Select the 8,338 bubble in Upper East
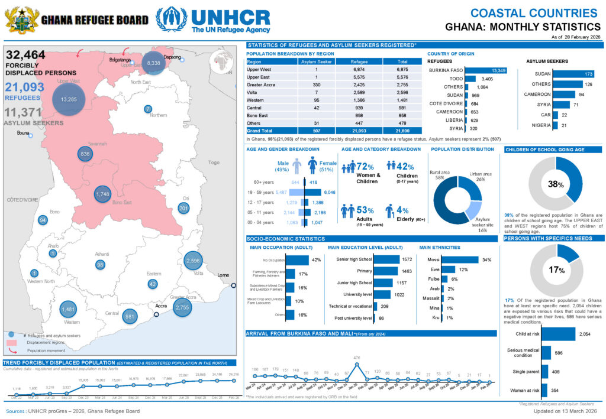tap(153, 63)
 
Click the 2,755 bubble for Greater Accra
tap(182, 307)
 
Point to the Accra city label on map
tap(160, 307)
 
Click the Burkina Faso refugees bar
tap(491, 71)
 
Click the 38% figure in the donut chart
tap(556, 184)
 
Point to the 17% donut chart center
tap(556, 270)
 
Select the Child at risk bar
tap(559, 334)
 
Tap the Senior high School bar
tap(387, 259)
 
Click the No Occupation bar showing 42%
tap(297, 260)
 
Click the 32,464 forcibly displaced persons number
tap(25, 55)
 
